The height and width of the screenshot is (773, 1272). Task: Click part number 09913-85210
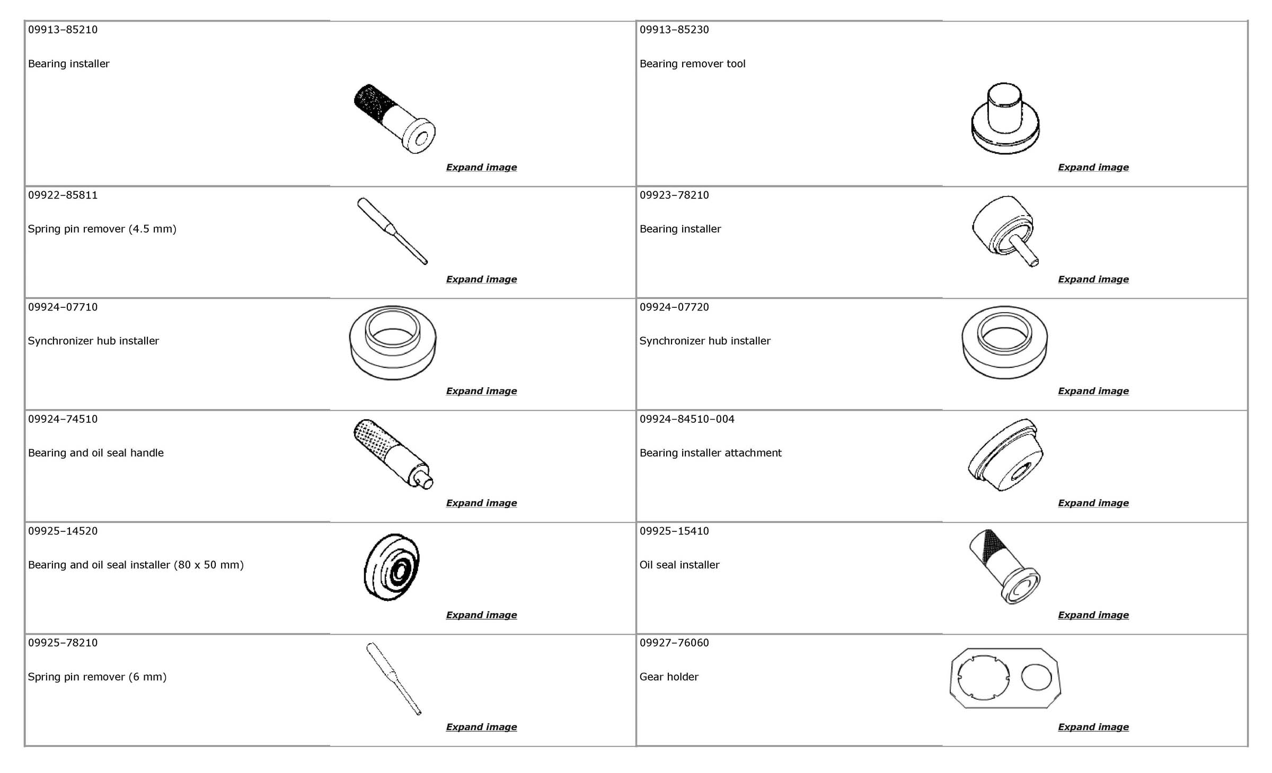coord(63,30)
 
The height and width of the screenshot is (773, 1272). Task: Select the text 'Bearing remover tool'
coord(692,64)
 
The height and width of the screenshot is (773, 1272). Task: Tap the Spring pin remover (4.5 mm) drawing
coord(392,231)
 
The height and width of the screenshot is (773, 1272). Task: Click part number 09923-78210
coord(674,195)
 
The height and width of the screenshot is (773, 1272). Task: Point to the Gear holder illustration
coord(1005,678)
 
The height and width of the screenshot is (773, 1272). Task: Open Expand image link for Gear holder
coord(1093,727)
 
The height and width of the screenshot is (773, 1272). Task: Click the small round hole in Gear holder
coord(1036,677)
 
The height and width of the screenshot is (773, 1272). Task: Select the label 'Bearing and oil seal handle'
coord(95,453)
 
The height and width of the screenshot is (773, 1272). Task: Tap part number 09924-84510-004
coord(686,419)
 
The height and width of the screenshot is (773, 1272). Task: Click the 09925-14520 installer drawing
coord(392,567)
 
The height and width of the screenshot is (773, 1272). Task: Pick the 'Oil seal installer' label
coord(679,565)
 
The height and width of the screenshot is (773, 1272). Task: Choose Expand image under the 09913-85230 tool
coord(1093,167)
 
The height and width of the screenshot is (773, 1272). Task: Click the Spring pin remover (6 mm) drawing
coord(393,678)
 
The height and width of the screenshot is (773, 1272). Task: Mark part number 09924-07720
coord(674,307)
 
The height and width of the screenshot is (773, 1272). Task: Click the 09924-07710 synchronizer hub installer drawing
coord(393,342)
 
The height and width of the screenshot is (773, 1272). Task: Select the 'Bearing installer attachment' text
coord(710,453)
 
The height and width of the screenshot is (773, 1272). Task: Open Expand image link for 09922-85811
coord(481,279)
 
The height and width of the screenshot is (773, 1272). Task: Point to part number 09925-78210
coord(63,643)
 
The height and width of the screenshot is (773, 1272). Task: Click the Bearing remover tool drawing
coord(1005,119)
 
